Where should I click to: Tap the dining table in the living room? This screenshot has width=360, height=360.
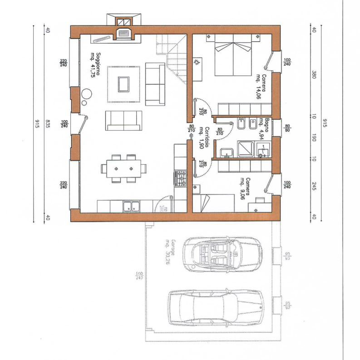click(x=124, y=168)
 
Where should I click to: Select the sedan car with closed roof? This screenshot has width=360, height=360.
click(x=216, y=306)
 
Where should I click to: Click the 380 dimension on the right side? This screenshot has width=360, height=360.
click(x=314, y=74)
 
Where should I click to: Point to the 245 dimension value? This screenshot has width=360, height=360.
click(x=314, y=186)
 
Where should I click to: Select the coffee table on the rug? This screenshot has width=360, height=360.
click(x=123, y=84)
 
